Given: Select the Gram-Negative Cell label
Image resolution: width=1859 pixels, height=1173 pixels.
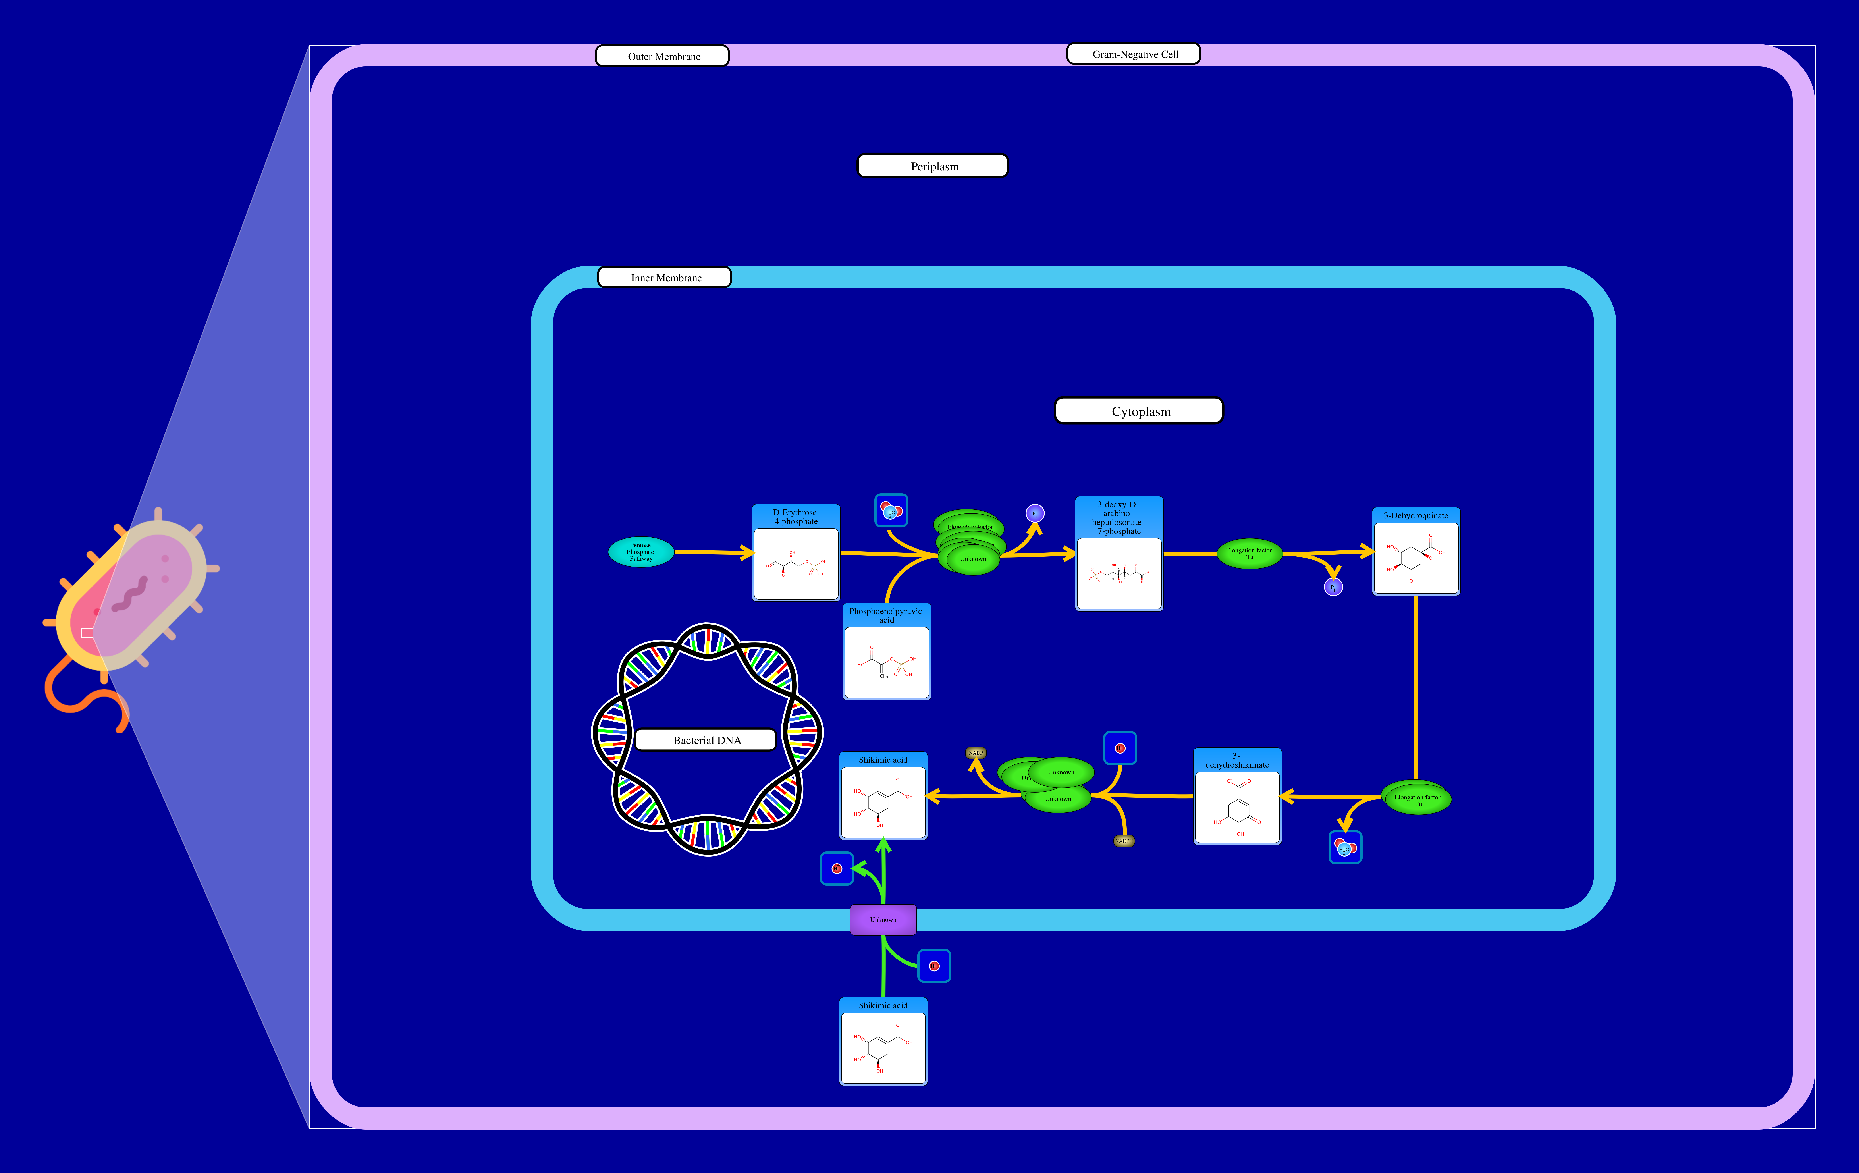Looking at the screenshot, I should [1133, 54].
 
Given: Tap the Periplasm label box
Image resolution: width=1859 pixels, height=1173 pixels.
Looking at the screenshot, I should [933, 166].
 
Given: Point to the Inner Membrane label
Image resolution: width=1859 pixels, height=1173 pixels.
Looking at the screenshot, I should [665, 277].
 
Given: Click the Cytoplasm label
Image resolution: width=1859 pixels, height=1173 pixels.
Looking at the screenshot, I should [1139, 411].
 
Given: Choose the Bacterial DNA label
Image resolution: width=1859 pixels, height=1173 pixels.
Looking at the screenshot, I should [706, 740].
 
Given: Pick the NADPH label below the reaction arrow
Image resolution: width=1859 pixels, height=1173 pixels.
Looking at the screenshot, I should [1124, 841].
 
